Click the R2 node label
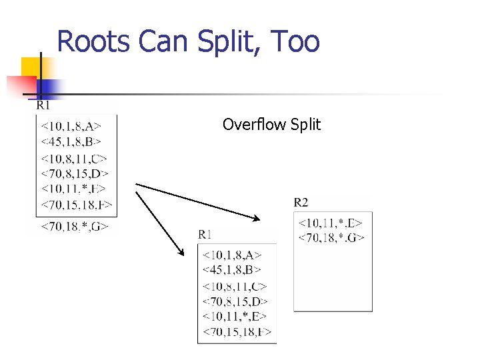click(301, 202)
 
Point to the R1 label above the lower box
click(205, 234)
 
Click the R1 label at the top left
click(43, 105)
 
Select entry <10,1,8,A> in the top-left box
click(71, 125)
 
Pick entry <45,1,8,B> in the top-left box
click(71, 141)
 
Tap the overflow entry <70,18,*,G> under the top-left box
click(74, 227)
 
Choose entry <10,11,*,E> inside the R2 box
click(331, 222)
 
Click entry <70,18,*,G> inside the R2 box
click(331, 237)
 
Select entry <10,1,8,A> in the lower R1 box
click(231, 255)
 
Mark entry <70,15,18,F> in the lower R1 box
click(237, 332)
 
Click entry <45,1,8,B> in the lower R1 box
click(231, 270)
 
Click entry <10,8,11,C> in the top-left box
click(74, 159)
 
